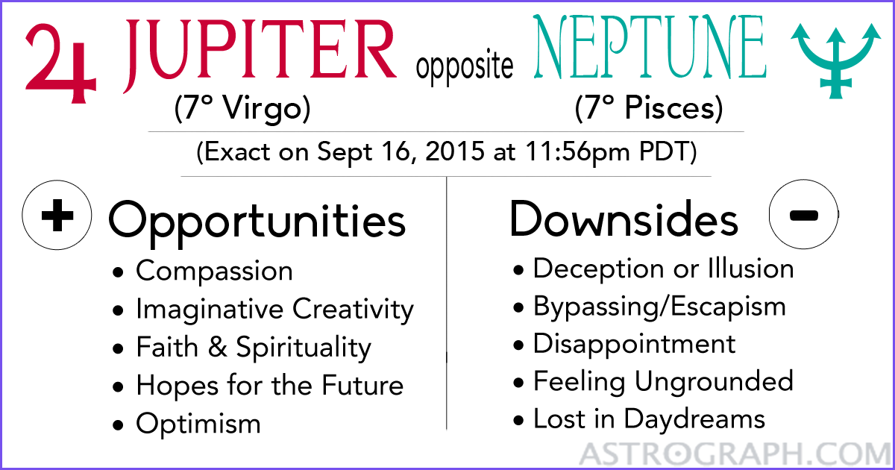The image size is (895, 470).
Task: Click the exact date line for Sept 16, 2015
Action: pyautogui.click(x=446, y=154)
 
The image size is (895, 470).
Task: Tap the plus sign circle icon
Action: pyautogui.click(x=57, y=216)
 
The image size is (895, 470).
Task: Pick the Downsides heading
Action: pyautogui.click(x=624, y=219)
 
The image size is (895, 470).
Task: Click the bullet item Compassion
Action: pyautogui.click(x=214, y=271)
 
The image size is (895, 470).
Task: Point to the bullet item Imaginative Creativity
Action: pyautogui.click(x=274, y=309)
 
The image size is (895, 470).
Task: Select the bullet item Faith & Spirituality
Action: pyautogui.click(x=253, y=348)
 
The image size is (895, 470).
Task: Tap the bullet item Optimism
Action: pyautogui.click(x=198, y=424)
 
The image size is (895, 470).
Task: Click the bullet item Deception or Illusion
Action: pyautogui.click(x=663, y=268)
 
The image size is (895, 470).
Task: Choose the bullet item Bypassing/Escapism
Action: pyautogui.click(x=659, y=306)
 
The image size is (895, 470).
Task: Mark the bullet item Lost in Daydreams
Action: pyautogui.click(x=649, y=419)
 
